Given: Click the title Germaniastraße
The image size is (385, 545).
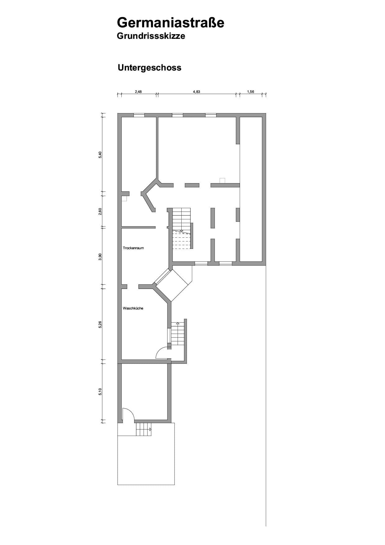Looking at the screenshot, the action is coord(170,23).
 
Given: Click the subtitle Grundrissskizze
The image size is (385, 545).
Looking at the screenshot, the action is coord(151,36).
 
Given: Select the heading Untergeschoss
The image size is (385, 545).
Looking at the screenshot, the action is coord(149,68).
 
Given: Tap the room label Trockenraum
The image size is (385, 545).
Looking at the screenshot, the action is coord(133,248).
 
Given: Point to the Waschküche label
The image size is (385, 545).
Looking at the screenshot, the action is coord(133,308).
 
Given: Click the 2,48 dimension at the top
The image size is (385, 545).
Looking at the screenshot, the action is coord(138,92).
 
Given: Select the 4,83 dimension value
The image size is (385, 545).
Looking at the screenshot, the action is coord(196,92).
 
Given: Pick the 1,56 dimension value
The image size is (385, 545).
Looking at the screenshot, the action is coord(251,92).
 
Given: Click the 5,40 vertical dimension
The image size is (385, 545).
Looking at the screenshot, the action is coord(100,155).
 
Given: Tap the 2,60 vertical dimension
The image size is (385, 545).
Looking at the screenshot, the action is coord(100,211).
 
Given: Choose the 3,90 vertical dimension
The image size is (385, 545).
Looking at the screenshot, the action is coord(100,256).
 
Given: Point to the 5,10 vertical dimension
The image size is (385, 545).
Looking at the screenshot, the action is coord(100,392).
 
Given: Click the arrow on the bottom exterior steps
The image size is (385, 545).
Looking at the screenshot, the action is coord(150,429).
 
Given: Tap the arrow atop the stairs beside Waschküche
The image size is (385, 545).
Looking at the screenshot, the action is coord(178,324).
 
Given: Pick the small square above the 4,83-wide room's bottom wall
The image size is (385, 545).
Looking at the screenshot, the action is coord(222,181).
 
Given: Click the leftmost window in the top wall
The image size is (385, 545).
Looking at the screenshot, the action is coord(139,115).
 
